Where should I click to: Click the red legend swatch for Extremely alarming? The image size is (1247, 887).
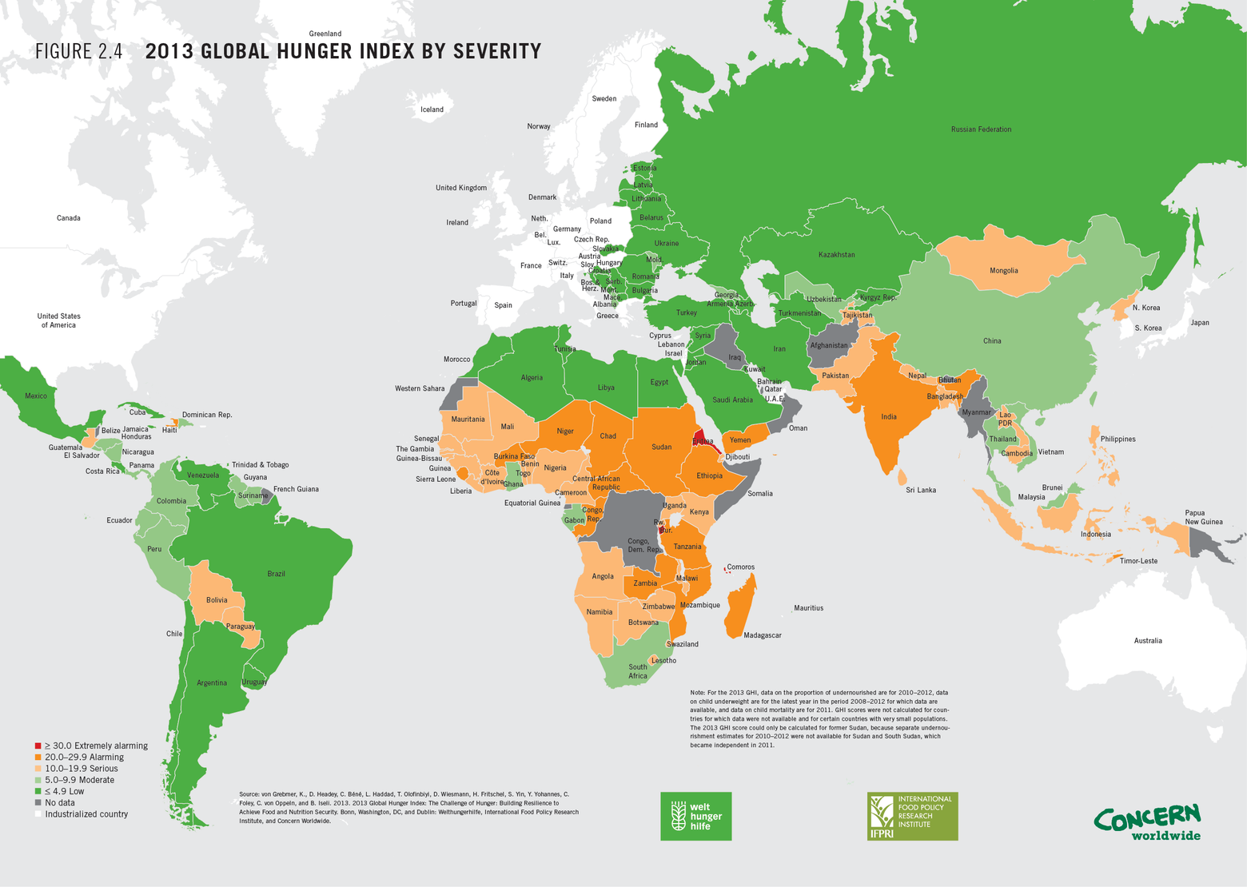[38, 746]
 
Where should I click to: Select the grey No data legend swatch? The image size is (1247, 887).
[38, 802]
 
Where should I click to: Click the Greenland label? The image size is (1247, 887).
[325, 34]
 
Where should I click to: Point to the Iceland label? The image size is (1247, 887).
[432, 109]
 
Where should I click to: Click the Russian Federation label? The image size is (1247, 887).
[981, 129]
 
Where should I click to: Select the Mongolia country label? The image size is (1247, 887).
[1003, 271]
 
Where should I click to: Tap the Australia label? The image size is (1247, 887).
[1147, 641]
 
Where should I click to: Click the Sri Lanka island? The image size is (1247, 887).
[902, 477]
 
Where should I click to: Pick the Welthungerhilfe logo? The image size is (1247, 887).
[695, 816]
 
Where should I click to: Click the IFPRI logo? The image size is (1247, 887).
[912, 816]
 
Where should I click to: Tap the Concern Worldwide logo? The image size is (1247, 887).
[1148, 822]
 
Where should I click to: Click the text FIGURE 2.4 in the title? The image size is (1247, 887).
[78, 52]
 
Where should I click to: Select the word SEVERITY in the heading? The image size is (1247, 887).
[497, 52]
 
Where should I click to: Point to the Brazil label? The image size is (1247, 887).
[276, 574]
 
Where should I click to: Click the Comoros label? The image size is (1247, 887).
[740, 567]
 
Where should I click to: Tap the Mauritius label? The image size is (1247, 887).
[808, 608]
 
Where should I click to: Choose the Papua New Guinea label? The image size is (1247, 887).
[1203, 518]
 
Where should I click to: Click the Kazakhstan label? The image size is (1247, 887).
[836, 255]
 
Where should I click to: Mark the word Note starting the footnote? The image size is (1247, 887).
[697, 693]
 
